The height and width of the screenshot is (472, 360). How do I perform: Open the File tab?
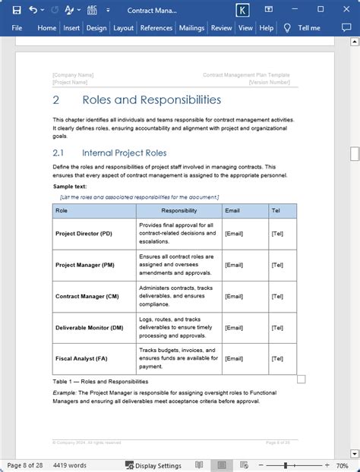pos(17,28)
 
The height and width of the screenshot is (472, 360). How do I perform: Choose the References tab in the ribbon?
pos(156,28)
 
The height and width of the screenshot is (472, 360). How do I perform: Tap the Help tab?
pos(266,28)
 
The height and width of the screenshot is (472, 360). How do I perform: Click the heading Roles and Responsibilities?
pos(151,100)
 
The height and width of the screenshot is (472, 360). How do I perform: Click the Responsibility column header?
pos(179,211)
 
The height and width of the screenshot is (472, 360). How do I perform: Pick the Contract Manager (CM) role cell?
pos(87,296)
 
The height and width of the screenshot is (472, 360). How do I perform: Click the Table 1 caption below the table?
pos(100,381)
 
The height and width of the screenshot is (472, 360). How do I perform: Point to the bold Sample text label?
pos(70,186)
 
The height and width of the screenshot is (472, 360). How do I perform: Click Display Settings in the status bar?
pos(153,465)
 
